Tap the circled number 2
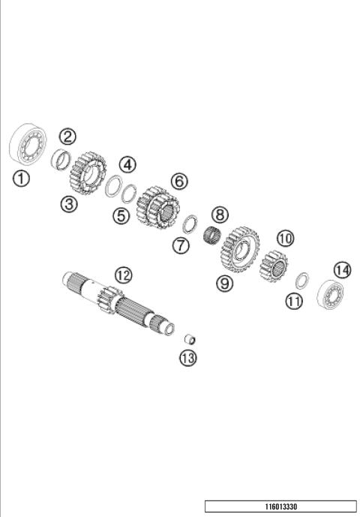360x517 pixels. (67, 137)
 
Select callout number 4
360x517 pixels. (127, 164)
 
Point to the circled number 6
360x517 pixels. (178, 181)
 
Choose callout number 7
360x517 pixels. (180, 245)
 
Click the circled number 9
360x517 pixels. (225, 283)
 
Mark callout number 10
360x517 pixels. (284, 239)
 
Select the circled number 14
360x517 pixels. (342, 269)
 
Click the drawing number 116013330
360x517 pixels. (281, 506)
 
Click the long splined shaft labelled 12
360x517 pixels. (120, 304)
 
